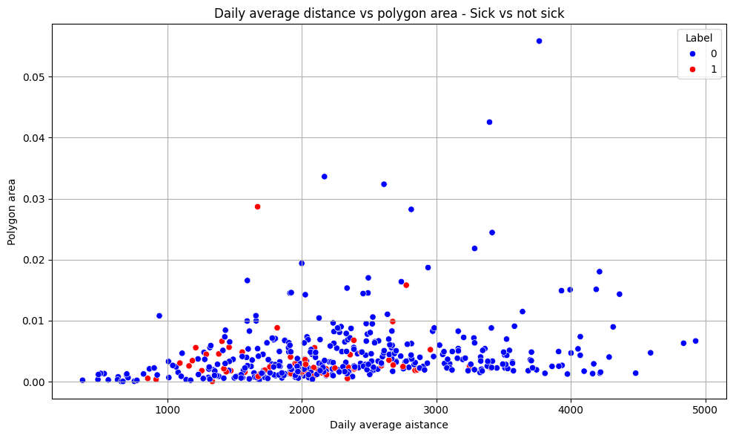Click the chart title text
tap(389, 13)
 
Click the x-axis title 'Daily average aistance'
tap(388, 425)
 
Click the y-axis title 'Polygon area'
tap(13, 211)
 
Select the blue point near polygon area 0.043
tap(489, 122)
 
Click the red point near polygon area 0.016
tap(406, 285)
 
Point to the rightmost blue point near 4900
tap(695, 341)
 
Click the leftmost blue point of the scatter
tap(82, 380)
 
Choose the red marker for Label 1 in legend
tap(692, 69)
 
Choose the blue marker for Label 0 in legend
tap(692, 53)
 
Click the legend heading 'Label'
tap(699, 37)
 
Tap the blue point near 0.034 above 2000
tap(324, 176)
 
